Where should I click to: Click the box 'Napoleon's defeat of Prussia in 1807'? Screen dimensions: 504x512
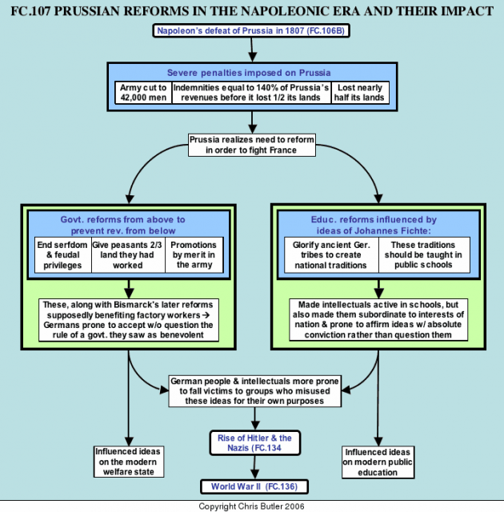click(x=251, y=30)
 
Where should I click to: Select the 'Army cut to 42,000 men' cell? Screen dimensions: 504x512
click(x=143, y=93)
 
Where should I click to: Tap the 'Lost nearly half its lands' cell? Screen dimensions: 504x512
click(x=360, y=93)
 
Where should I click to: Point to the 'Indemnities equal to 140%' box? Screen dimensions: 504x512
click(x=251, y=93)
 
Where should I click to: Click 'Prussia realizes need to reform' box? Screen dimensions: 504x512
click(x=252, y=145)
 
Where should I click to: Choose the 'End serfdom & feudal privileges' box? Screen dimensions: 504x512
click(x=62, y=255)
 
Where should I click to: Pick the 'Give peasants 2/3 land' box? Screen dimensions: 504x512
click(x=128, y=255)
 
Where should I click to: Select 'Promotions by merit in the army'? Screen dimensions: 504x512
click(x=194, y=255)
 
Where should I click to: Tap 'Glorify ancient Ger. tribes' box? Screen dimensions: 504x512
click(x=331, y=255)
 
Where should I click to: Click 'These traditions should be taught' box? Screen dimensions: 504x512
click(x=424, y=255)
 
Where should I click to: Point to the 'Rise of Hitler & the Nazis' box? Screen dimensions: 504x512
click(x=254, y=442)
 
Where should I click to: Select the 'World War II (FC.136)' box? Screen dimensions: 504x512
click(x=254, y=486)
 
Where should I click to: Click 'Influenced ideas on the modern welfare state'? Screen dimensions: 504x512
click(x=129, y=462)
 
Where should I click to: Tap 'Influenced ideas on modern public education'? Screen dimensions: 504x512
click(x=378, y=462)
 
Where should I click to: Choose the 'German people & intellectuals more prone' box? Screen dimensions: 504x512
click(x=254, y=391)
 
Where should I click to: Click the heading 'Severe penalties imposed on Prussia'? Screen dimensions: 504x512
click(x=249, y=73)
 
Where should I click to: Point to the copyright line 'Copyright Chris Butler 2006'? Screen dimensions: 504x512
click(x=251, y=506)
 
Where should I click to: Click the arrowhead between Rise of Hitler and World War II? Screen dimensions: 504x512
click(x=254, y=474)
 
